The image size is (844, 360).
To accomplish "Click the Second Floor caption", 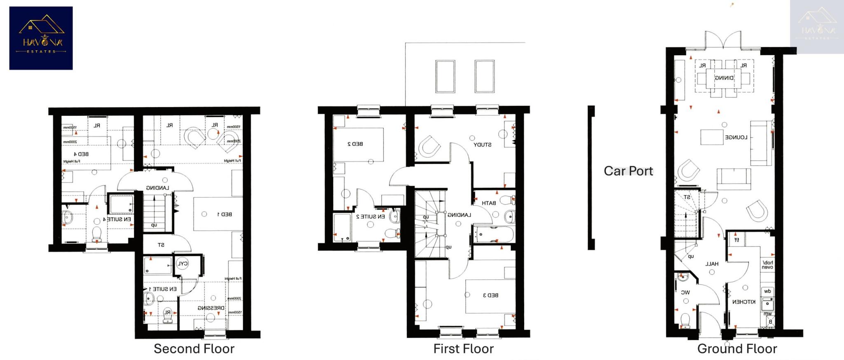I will point(194,349).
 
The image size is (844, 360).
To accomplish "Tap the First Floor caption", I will point(463,349).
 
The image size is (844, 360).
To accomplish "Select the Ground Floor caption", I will point(737,349).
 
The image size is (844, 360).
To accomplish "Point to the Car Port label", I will point(628,171).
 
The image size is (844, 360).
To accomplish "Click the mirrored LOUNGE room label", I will point(736,137).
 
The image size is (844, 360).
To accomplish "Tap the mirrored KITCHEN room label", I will point(744,302).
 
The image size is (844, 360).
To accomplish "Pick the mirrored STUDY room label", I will point(482,145).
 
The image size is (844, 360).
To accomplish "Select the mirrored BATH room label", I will point(489,203).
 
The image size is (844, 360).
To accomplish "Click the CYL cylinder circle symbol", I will point(182,264).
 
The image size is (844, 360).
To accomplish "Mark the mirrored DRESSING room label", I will point(211,308).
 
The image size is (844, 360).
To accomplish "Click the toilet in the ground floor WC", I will point(685,320).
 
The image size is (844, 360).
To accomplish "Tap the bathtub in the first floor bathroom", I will point(493,235).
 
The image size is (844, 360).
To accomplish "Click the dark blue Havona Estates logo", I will point(41,38).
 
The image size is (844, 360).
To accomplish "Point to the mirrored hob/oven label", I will point(767,265).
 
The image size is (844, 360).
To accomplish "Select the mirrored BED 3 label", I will point(490,295).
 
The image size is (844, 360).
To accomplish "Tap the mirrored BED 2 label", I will point(355,144).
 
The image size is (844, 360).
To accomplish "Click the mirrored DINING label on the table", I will point(724,78).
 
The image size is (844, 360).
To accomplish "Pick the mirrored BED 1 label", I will point(225,214).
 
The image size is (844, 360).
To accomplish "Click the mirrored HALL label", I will point(712,264).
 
